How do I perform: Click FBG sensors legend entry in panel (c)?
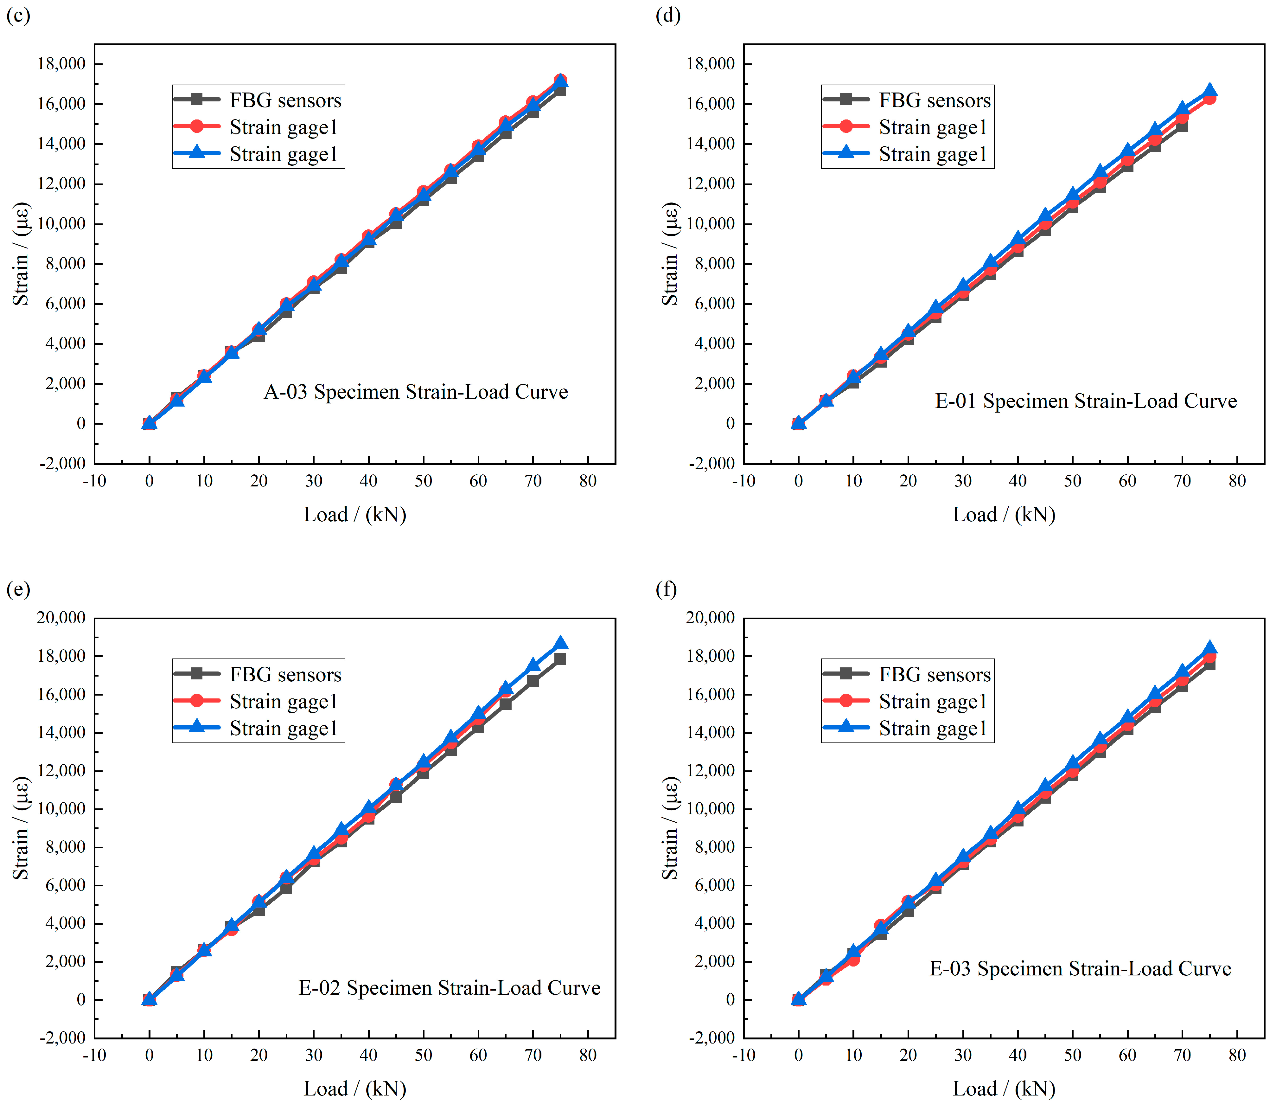click(x=258, y=100)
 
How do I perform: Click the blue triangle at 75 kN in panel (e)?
click(x=560, y=643)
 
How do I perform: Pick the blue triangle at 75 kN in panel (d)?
click(x=1209, y=90)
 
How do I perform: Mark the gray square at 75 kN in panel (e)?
click(x=560, y=659)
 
